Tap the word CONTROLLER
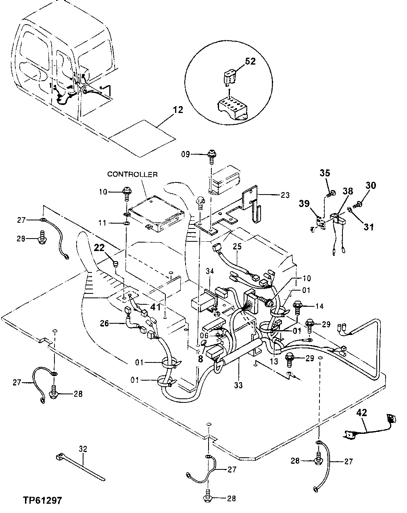(x=132, y=174)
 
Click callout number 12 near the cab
(x=178, y=110)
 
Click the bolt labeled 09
(x=211, y=155)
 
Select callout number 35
(x=325, y=173)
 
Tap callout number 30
(x=371, y=185)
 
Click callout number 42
(x=361, y=412)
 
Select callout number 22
(x=99, y=248)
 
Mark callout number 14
(x=319, y=306)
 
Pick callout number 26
(x=104, y=323)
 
